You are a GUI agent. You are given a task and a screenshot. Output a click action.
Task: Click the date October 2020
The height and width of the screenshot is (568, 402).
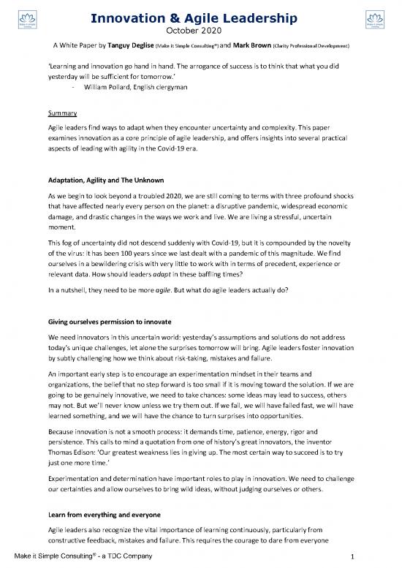point(200,29)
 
